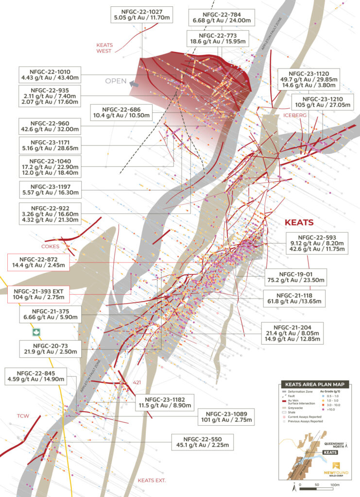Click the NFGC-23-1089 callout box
point(229,416)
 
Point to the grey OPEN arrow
point(134,83)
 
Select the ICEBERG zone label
point(294,116)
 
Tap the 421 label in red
point(137,383)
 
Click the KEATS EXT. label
point(152,480)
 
